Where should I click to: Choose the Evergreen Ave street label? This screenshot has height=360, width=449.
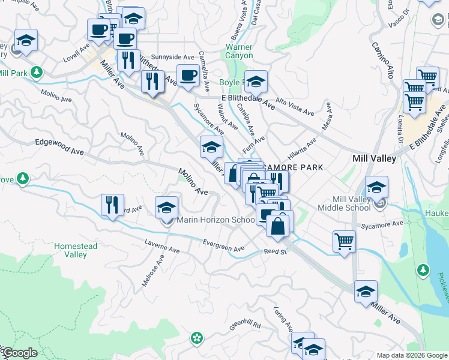pos(223,245)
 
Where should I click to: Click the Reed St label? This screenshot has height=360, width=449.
pos(276,251)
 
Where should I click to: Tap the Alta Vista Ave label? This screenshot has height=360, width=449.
pos(295,106)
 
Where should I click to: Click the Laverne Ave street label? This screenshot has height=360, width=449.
pos(161,246)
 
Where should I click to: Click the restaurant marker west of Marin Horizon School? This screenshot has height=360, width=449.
pos(112,205)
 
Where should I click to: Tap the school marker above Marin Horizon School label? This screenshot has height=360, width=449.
pos(167,208)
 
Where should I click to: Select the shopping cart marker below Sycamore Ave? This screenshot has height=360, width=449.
pos(345,242)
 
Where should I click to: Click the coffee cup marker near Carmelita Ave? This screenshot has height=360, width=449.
pos(188,76)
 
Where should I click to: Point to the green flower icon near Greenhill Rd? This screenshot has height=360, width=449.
pos(196,338)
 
